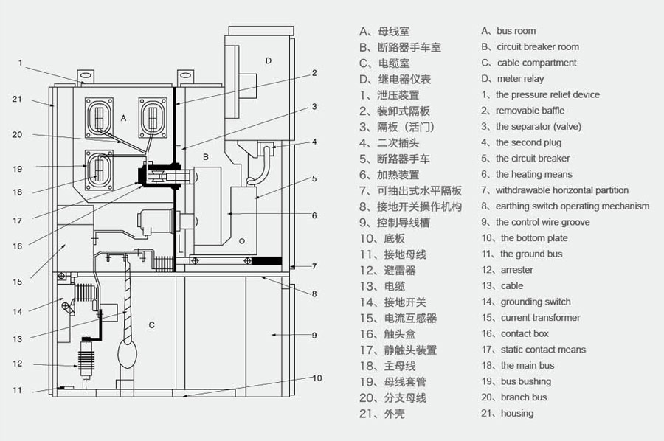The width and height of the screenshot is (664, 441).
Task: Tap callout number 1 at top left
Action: (x=21, y=63)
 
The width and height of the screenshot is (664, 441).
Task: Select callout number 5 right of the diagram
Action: (x=314, y=178)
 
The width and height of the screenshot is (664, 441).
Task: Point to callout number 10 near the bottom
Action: (x=317, y=378)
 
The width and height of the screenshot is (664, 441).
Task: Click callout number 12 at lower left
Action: (x=18, y=364)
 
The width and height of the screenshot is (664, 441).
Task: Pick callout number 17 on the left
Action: (x=18, y=220)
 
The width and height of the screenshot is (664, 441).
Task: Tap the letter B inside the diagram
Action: (x=206, y=156)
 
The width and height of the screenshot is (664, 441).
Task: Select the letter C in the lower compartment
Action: (x=151, y=325)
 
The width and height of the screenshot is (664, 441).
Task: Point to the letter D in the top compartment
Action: (x=269, y=60)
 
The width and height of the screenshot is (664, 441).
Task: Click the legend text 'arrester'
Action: (x=516, y=270)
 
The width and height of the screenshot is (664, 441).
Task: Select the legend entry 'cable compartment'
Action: (x=536, y=63)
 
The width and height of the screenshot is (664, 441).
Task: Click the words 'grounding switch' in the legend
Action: (x=536, y=302)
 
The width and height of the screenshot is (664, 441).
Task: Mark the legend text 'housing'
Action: (x=516, y=414)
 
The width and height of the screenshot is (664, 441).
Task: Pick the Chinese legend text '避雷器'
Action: (x=400, y=271)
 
